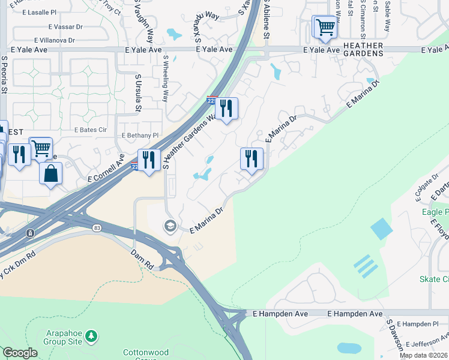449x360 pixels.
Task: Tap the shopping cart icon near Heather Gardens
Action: [x=325, y=27]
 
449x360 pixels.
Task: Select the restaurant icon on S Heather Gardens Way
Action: [x=226, y=109]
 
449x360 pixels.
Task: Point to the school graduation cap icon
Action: [x=170, y=226]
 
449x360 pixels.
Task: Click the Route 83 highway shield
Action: [x=97, y=228]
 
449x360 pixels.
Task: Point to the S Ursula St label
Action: [x=138, y=94]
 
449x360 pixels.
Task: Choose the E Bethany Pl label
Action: [x=140, y=136]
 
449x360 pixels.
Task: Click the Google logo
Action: [x=20, y=353]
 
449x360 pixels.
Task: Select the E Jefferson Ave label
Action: [x=427, y=344]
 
